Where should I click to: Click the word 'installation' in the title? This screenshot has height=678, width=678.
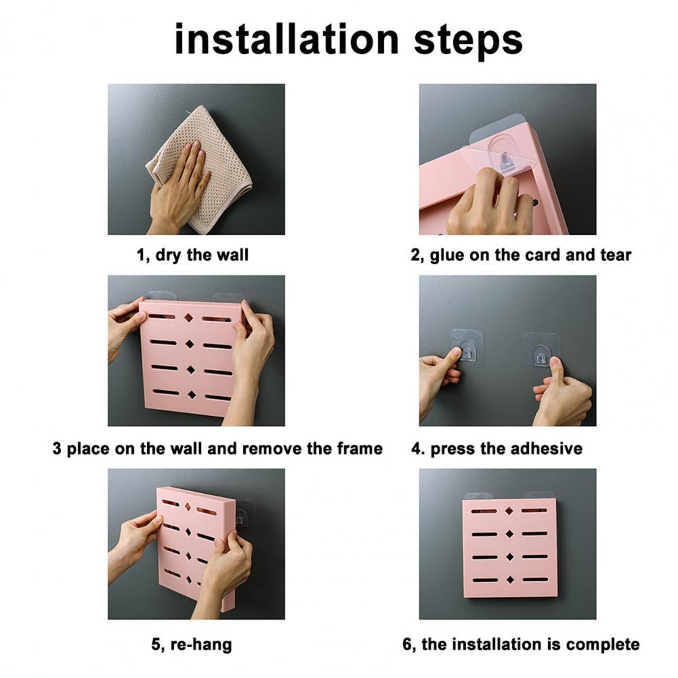click(285, 39)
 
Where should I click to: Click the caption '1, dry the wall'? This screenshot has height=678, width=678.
click(193, 255)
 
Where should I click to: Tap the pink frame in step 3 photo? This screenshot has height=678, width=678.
click(192, 379)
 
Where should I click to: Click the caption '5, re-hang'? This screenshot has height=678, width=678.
click(191, 644)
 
